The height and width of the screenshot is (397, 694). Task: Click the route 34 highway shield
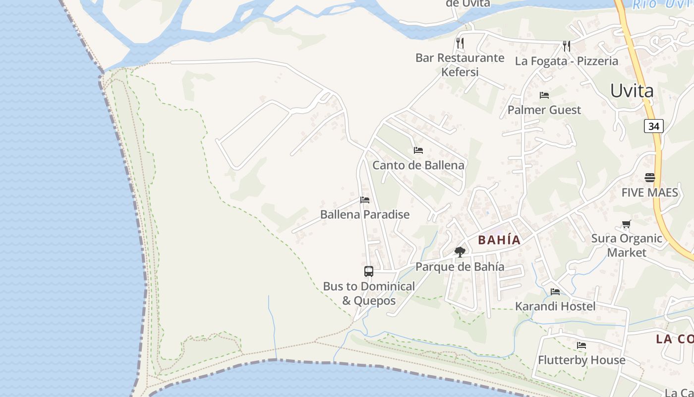point(654,126)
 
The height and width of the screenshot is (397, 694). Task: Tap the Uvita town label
point(632,91)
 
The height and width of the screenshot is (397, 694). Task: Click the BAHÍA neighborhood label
point(499,240)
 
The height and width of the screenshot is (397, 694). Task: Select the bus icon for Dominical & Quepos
point(368,271)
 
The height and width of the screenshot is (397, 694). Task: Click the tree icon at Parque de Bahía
point(460,252)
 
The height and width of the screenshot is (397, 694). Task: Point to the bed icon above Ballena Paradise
point(365,200)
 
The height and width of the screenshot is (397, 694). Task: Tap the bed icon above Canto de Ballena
point(418,150)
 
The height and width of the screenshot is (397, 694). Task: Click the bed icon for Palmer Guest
point(544,95)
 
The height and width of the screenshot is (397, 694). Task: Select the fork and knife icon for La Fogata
point(567,46)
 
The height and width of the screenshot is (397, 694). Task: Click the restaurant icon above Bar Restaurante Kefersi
point(460,43)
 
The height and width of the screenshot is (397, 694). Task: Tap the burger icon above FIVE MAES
point(650,177)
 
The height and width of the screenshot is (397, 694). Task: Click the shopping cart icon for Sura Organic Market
point(626,224)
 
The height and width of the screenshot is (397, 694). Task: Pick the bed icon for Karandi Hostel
point(555,291)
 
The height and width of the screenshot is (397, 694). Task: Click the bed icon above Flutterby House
point(581,345)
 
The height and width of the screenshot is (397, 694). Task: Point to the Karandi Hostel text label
point(555,306)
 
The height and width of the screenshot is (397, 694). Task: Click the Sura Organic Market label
point(627,245)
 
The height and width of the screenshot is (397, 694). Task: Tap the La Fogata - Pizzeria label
point(567,61)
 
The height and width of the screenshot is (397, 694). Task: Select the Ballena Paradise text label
point(365,214)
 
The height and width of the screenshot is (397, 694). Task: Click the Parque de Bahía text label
point(460,266)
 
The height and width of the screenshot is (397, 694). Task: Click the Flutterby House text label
point(581,360)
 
